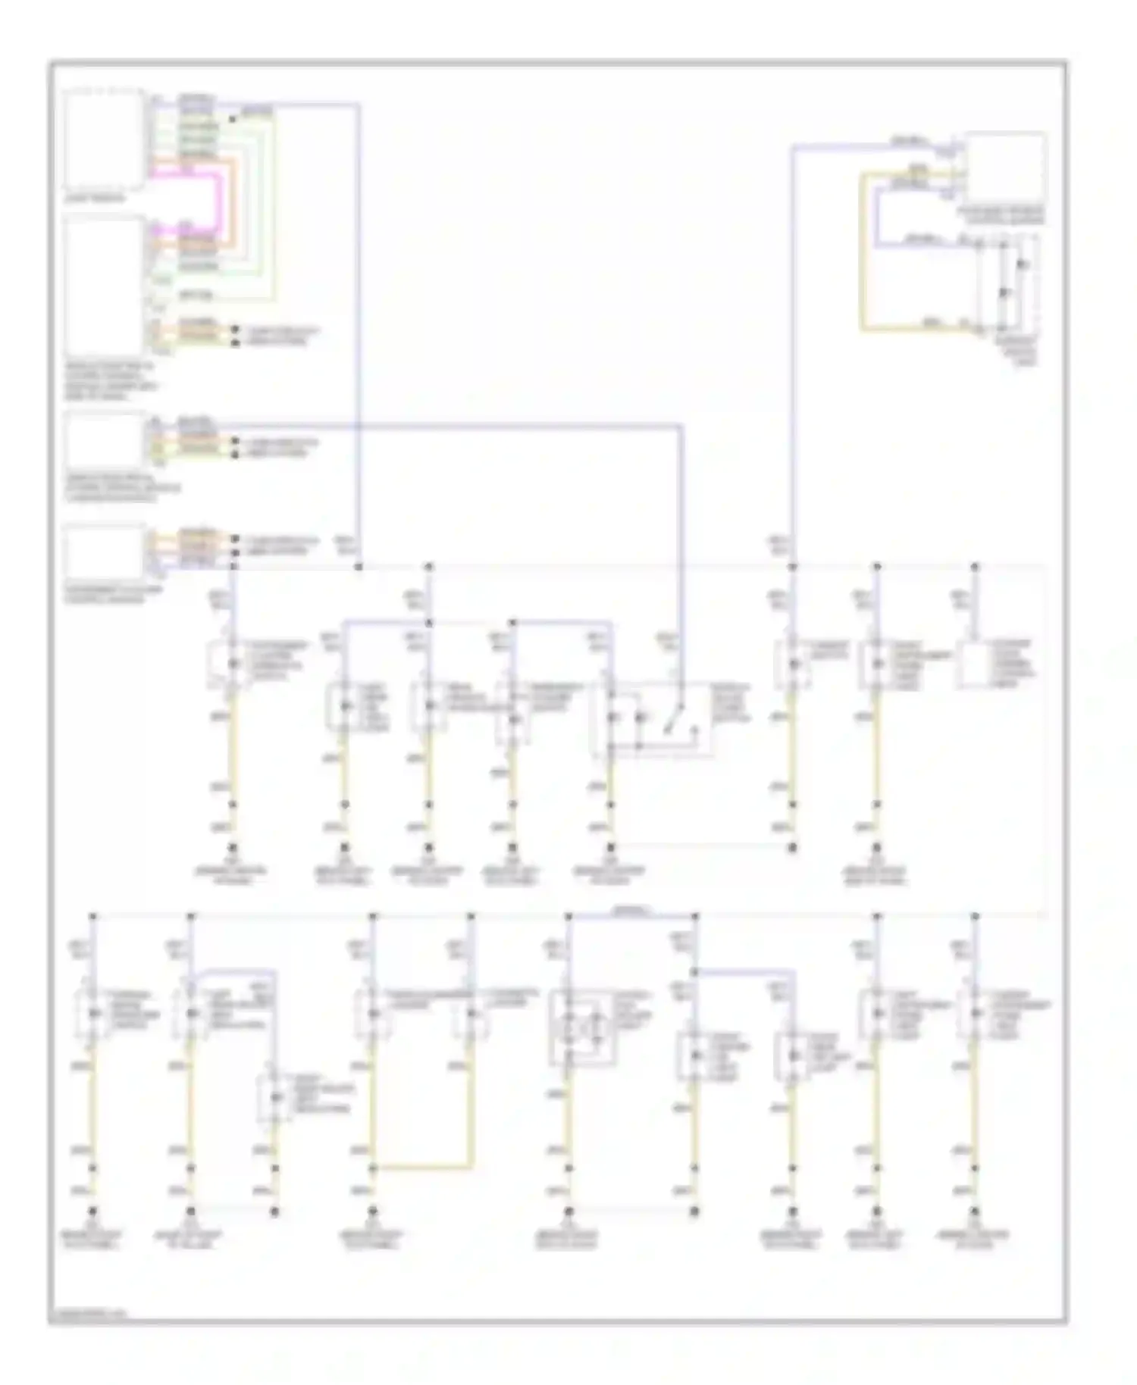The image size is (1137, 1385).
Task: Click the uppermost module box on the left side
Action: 104,139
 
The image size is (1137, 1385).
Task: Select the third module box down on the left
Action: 104,439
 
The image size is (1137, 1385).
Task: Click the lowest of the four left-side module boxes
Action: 104,553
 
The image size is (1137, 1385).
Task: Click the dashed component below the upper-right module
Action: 1008,284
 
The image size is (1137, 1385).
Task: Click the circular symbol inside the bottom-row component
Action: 582,1027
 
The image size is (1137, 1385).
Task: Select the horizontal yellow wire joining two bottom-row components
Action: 421,1168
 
